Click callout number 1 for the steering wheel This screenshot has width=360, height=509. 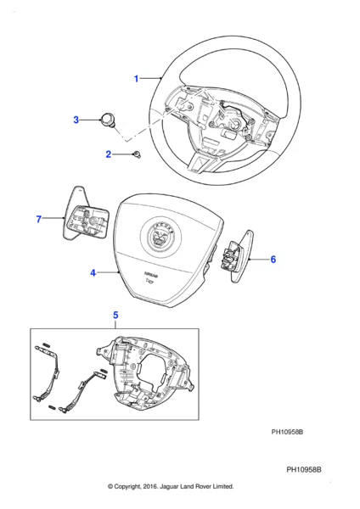[x=136, y=79]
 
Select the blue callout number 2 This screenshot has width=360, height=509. [x=109, y=154]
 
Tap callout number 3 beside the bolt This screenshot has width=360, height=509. [x=76, y=120]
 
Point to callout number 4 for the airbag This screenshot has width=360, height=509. [x=93, y=273]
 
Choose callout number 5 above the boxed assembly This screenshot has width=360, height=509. [x=115, y=316]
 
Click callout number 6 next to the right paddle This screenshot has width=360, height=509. [x=273, y=260]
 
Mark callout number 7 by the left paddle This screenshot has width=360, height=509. [x=38, y=220]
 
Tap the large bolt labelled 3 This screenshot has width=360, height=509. [x=108, y=120]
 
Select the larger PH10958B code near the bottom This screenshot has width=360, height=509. [x=309, y=469]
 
